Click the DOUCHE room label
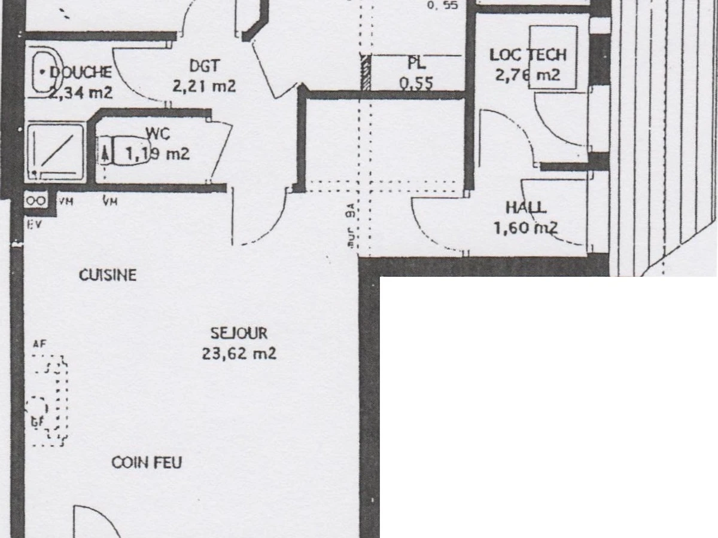[81, 72]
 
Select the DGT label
[204, 65]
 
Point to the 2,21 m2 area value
[204, 86]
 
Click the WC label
[157, 133]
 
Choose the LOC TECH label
[527, 55]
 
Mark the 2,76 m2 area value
[527, 75]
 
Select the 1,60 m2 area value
[525, 228]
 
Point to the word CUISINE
[108, 275]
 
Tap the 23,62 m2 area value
[239, 354]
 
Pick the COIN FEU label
[147, 463]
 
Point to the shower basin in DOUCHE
[44, 72]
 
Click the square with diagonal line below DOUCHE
[56, 151]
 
